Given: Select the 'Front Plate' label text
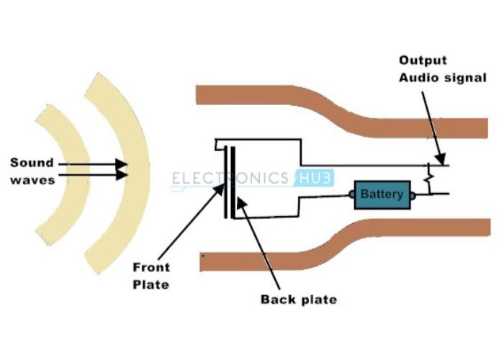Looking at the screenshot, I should pos(150,276).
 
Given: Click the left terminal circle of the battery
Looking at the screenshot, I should pos(353,194).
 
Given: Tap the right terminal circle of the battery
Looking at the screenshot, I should pos(413,194).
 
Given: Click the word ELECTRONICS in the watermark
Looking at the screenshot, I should pos(230,179).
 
